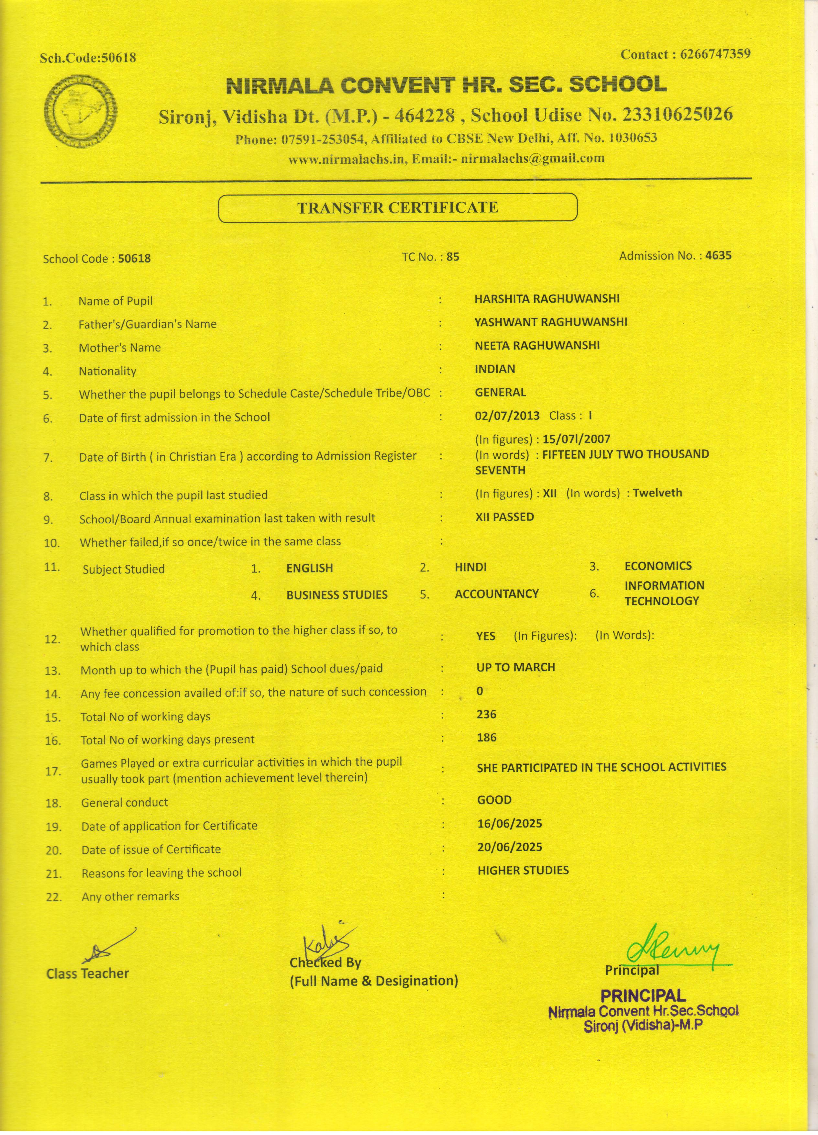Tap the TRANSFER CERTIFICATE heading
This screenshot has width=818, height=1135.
tap(398, 208)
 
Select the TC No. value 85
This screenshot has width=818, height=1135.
tap(453, 257)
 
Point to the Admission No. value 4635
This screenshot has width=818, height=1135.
tap(718, 256)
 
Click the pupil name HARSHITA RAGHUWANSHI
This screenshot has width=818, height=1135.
tap(547, 299)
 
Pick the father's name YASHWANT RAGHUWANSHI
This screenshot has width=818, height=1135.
tap(551, 322)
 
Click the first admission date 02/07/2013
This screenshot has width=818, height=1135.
tap(507, 415)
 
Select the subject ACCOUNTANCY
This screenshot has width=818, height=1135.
tap(496, 594)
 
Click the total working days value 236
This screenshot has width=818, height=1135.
tap(486, 714)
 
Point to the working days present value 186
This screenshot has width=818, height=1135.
tap(486, 737)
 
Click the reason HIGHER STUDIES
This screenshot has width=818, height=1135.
tap(523, 870)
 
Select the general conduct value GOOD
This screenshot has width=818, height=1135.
tap(494, 800)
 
